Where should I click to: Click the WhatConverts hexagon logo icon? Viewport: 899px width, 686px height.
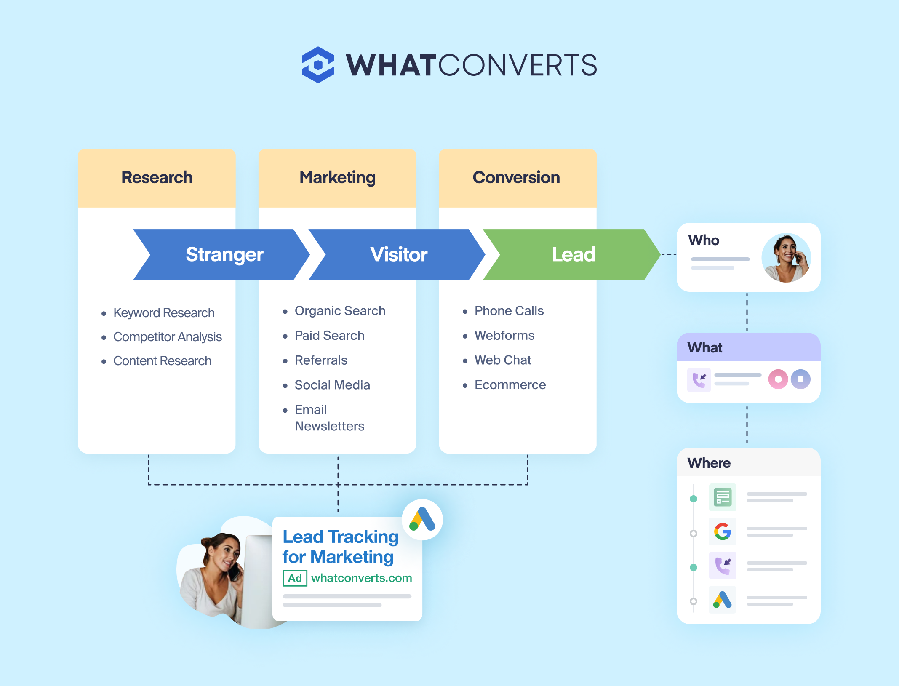pos(318,65)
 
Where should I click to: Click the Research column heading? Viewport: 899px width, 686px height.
pos(157,177)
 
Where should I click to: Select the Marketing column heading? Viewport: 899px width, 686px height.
pos(337,178)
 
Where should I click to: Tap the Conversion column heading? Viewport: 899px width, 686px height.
pos(516,177)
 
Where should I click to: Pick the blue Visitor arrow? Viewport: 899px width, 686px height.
pos(397,254)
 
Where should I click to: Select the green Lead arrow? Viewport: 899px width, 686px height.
pos(572,254)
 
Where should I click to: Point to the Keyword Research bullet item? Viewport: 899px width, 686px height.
pos(164,313)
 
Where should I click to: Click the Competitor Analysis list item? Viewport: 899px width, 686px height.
pos(167,337)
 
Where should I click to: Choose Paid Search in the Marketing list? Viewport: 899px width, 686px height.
pos(329,336)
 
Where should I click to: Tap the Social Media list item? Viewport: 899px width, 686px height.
pos(332,385)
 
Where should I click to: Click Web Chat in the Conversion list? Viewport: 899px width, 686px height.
pos(503,360)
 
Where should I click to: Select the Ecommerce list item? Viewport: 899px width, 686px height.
pos(510,385)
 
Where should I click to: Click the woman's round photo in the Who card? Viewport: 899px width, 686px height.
pos(786,258)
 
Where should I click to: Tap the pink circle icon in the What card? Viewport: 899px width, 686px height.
pos(778,379)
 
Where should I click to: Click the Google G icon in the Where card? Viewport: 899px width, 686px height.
pos(723,531)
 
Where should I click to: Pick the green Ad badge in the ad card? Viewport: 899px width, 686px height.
pos(295,578)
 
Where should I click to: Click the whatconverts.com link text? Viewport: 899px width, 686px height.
pos(362,578)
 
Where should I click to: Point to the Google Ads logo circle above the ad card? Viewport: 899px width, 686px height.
pos(422,520)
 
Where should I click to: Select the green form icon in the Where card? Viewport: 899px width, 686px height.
pos(723,497)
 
